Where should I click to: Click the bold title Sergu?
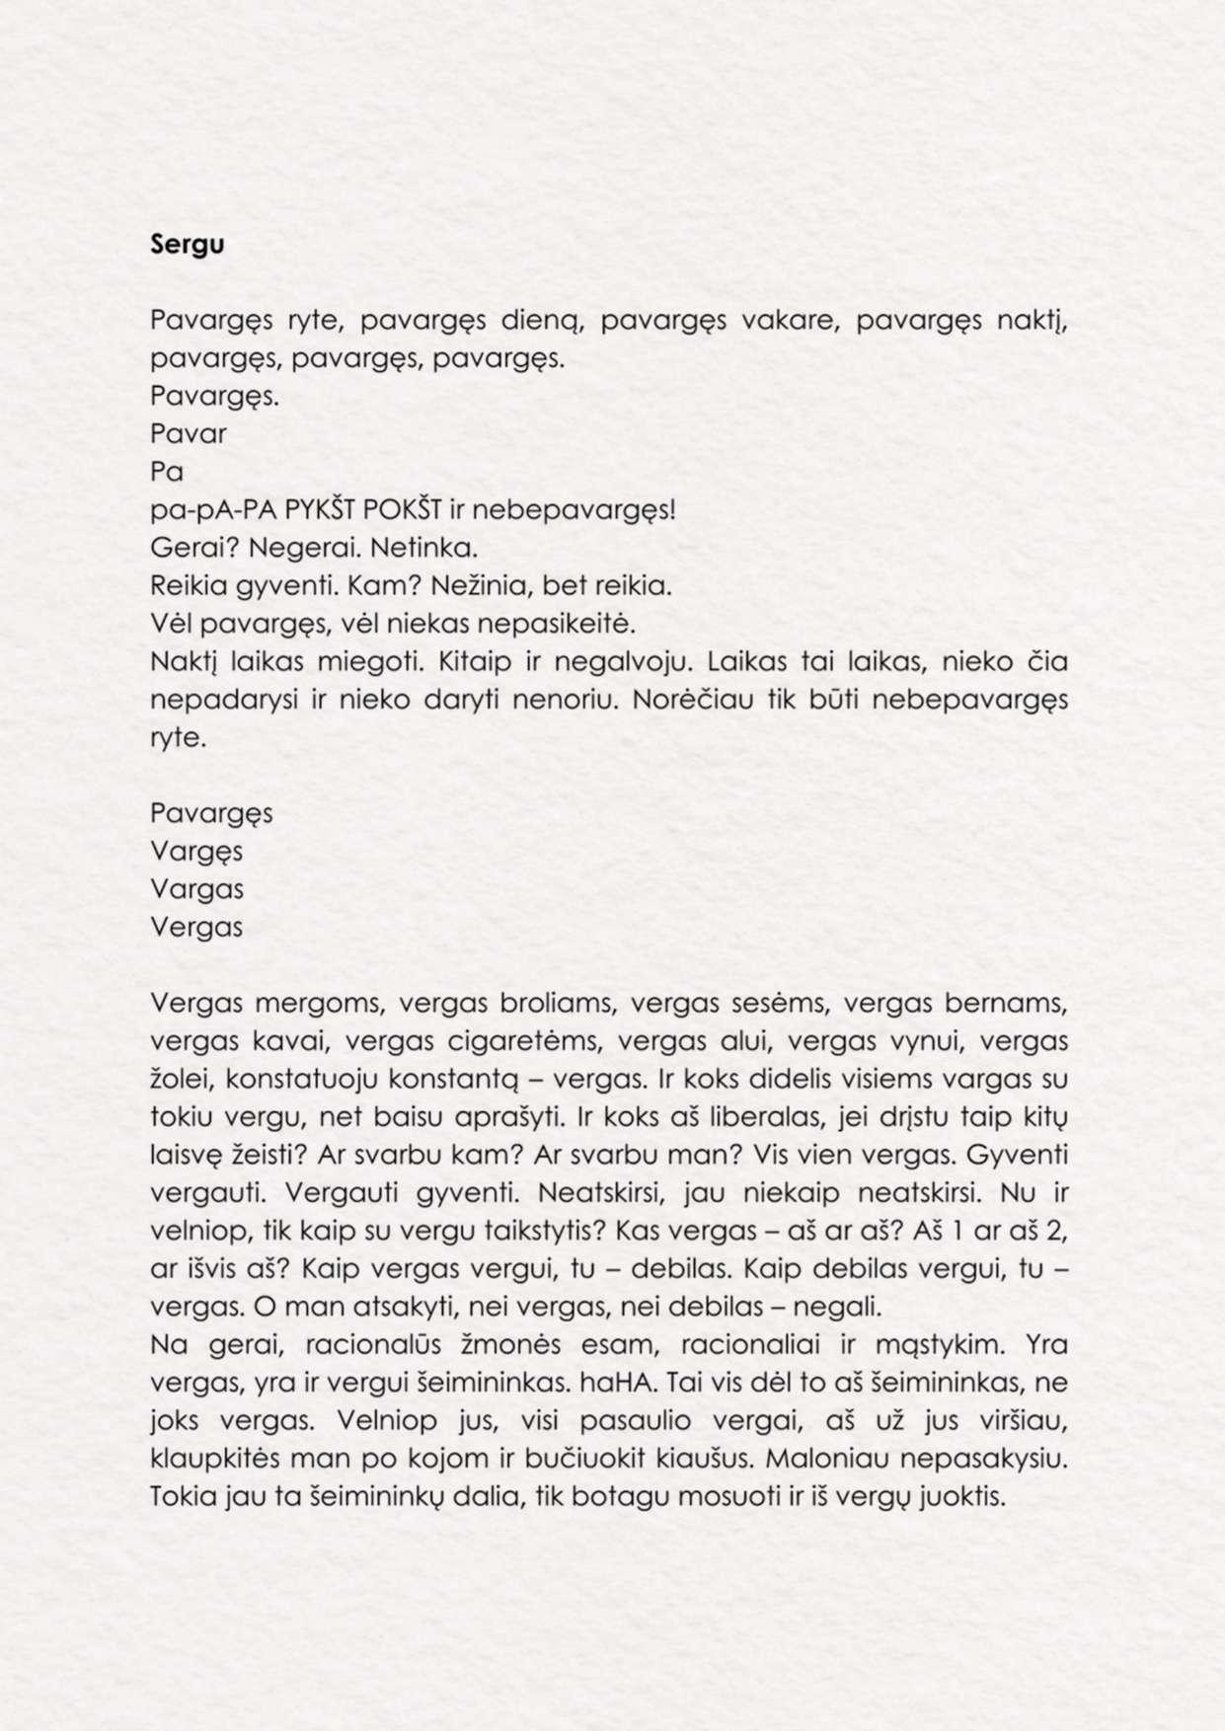point(188,246)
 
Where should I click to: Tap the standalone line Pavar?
point(189,434)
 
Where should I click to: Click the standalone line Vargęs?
point(196,852)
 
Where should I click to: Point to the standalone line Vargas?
point(196,889)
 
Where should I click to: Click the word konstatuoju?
point(295,1079)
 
